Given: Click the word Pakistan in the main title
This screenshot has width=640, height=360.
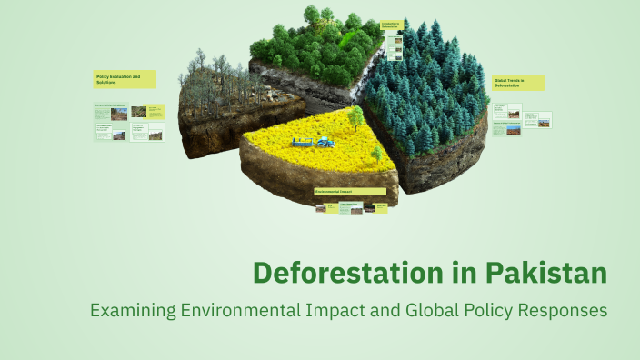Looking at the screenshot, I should coord(545,272).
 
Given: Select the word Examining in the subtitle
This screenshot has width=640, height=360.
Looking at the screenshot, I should coord(133,310).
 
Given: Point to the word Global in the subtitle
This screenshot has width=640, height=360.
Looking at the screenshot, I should coord(415,310).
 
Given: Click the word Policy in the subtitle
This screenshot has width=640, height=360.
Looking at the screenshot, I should coord(479,310).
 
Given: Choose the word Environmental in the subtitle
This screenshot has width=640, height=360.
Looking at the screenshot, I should coord(241,310).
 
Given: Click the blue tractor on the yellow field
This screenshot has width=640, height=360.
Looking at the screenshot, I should coord(324,141).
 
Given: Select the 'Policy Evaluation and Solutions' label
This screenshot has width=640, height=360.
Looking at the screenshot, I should coord(124,80).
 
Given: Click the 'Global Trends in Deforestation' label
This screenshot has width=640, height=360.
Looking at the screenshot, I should coord(518,83).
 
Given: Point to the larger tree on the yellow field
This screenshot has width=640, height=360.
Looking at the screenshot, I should coord(355,116).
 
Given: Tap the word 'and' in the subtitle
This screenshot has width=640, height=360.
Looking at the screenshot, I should coord(372,310).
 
